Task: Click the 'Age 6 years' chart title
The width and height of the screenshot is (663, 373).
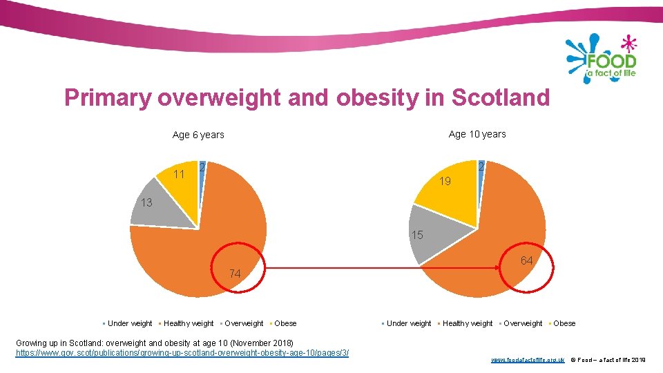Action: click(x=198, y=135)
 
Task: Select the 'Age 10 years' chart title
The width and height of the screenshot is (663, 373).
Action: click(x=477, y=134)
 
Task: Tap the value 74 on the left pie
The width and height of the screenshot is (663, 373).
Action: click(x=235, y=274)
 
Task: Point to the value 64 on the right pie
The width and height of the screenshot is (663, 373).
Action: click(x=526, y=260)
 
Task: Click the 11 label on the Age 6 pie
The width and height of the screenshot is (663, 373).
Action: click(x=179, y=174)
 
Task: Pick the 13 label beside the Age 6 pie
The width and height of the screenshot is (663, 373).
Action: click(x=146, y=203)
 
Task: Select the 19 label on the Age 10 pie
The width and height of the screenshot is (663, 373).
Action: click(x=445, y=182)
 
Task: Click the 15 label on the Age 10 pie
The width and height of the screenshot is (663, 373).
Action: click(x=416, y=236)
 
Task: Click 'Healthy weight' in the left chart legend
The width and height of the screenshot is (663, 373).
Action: click(x=189, y=323)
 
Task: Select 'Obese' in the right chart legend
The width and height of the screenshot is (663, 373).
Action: click(x=564, y=323)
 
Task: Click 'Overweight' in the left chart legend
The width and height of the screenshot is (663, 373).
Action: click(x=244, y=323)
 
